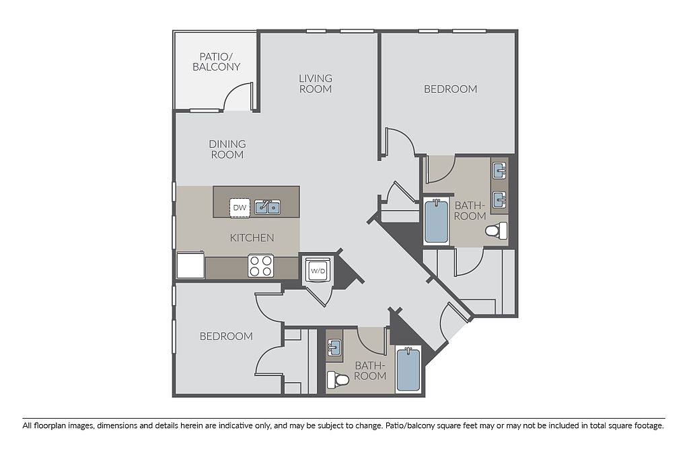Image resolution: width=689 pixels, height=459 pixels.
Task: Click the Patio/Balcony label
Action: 216,62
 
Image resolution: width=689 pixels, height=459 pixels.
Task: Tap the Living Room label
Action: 316,83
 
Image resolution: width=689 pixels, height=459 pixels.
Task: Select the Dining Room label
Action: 227,149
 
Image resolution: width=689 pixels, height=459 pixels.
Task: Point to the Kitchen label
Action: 252,237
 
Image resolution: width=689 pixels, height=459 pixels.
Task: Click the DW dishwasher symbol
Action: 240,208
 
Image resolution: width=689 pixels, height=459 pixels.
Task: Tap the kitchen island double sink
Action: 268,207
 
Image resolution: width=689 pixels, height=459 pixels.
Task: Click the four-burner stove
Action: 260,265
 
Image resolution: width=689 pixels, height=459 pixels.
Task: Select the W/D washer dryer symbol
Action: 318,271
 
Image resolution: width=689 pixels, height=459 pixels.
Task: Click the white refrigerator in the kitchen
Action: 190,265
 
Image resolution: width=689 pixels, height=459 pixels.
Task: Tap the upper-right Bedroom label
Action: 450,89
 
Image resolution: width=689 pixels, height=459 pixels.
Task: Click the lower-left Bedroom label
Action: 226,336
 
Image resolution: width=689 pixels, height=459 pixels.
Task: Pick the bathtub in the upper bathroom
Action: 436,221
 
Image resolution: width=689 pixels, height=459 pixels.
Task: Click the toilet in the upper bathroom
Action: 497,231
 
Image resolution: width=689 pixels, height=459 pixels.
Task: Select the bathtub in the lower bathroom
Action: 408,368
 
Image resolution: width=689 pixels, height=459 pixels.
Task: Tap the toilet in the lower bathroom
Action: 338,380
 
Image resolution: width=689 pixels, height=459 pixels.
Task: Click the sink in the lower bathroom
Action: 334,349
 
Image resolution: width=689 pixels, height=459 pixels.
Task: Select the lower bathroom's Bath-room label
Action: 370,371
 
